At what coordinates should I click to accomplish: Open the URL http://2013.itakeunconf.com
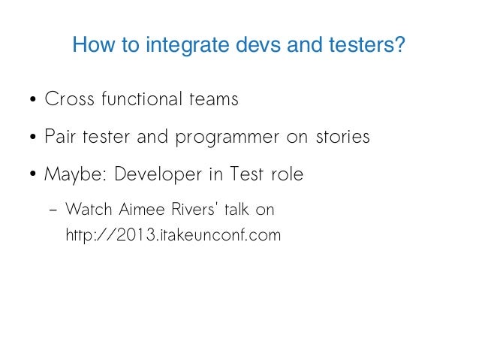[x=173, y=235]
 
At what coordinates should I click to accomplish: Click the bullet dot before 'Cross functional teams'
[x=34, y=101]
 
